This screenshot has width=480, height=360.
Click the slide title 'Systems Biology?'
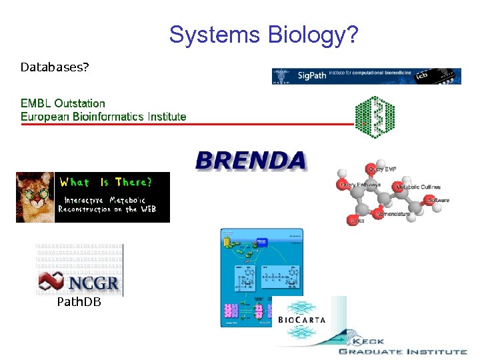click(263, 34)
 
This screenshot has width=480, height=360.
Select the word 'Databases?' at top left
click(55, 67)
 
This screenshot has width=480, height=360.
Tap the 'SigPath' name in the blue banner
click(311, 76)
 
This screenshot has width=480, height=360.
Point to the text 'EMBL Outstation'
click(63, 103)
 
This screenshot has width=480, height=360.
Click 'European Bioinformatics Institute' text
click(103, 117)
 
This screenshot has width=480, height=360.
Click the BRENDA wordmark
click(251, 161)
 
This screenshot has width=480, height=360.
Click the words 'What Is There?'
click(106, 182)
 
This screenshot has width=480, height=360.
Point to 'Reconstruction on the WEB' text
click(107, 209)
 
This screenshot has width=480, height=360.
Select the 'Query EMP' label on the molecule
click(382, 169)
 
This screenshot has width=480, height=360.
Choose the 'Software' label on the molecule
click(438, 200)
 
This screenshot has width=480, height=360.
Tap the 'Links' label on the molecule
click(357, 221)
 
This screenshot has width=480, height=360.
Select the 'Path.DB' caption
click(79, 303)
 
